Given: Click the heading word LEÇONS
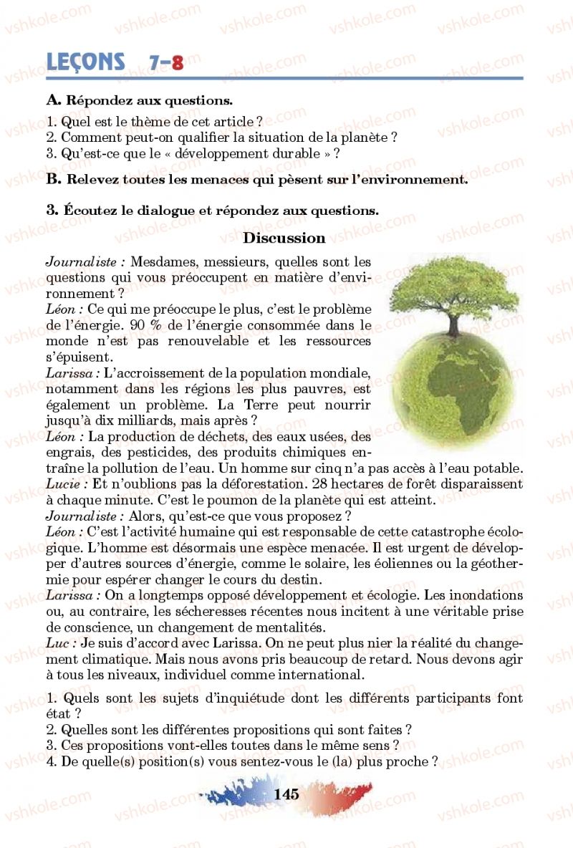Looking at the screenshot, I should pyautogui.click(x=85, y=62).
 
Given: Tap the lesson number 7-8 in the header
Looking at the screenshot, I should pyautogui.click(x=166, y=63).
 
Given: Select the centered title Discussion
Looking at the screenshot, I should pyautogui.click(x=284, y=238).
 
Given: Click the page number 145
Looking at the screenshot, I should pyautogui.click(x=286, y=794).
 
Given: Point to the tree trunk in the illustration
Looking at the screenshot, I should pyautogui.click(x=453, y=322).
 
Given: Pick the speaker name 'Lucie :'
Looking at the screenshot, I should pyautogui.click(x=66, y=484).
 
